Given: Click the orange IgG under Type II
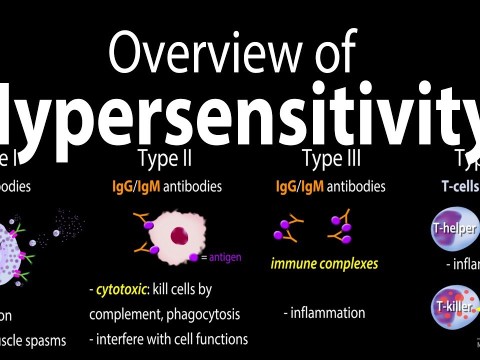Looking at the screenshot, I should click(123, 186).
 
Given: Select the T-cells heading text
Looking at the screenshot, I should click(456, 186).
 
